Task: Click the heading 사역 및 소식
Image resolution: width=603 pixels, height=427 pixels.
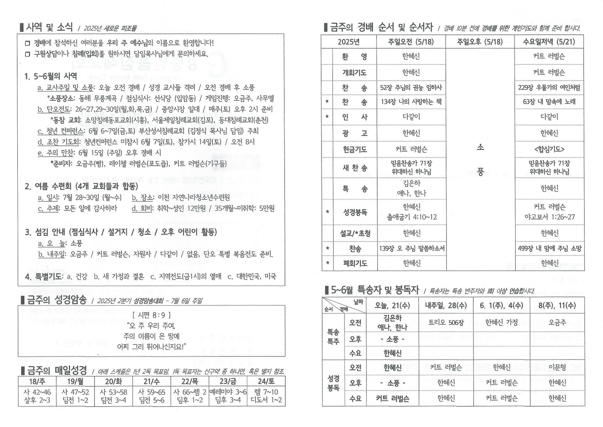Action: [49, 27]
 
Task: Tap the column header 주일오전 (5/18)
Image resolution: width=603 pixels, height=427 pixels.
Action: [411, 42]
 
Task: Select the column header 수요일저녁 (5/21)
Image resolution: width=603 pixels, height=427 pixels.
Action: [549, 42]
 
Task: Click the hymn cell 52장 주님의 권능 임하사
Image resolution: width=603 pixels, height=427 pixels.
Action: [411, 88]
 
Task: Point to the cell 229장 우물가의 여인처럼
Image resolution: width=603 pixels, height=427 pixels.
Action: [549, 88]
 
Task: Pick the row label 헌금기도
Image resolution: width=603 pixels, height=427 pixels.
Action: [354, 150]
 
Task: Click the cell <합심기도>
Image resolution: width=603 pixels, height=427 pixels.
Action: [549, 150]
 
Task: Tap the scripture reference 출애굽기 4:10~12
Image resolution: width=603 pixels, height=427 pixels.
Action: [411, 217]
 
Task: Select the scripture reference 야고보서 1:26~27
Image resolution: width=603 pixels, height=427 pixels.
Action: [549, 217]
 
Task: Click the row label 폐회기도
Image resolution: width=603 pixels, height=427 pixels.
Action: [354, 263]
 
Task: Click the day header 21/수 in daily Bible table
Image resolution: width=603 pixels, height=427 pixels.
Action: [152, 381]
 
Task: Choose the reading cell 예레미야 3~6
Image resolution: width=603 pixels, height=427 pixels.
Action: [228, 392]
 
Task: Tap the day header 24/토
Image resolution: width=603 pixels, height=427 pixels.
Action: [266, 381]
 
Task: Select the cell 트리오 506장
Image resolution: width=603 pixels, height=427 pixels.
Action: [446, 323]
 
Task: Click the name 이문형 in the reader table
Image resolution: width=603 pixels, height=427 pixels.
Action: [557, 367]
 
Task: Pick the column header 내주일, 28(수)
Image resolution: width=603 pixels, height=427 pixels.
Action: [446, 306]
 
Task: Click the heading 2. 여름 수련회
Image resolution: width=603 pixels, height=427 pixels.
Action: [81, 187]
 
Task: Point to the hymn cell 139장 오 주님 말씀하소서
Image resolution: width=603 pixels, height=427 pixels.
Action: [411, 249]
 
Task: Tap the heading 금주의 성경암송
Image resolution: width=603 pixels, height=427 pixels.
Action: [57, 300]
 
